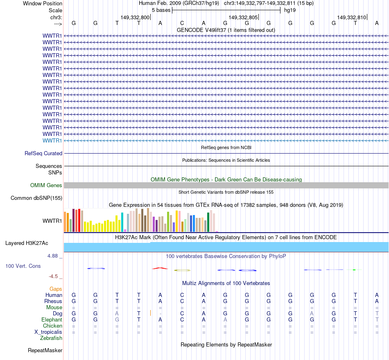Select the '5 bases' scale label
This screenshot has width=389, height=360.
click(161, 10)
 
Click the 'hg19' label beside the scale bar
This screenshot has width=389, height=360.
click(289, 10)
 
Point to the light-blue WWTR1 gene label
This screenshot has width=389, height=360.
click(52, 140)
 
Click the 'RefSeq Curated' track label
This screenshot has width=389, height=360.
click(43, 153)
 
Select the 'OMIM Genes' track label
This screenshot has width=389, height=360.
click(46, 185)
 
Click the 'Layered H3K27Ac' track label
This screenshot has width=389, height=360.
click(27, 243)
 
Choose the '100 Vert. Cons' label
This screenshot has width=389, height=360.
click(23, 266)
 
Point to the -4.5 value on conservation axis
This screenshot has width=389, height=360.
click(54, 276)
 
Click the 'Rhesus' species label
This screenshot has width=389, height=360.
click(53, 301)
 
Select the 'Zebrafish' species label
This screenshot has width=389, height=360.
click(51, 338)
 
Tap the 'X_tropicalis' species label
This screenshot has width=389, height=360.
click(48, 332)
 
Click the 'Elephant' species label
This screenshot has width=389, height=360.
click(52, 319)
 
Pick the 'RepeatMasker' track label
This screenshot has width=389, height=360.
click(45, 350)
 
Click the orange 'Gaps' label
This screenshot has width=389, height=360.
click(56, 289)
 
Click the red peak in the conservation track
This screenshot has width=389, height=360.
click(160, 268)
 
